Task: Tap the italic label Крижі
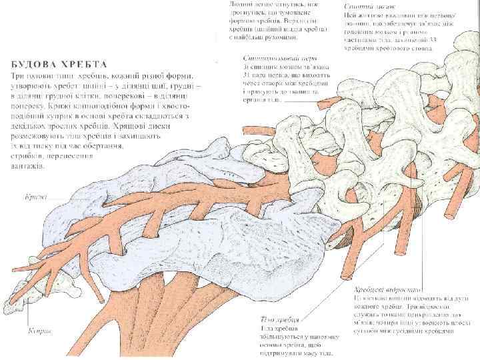35,197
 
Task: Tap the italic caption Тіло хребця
277,319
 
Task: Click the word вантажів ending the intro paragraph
27,167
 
